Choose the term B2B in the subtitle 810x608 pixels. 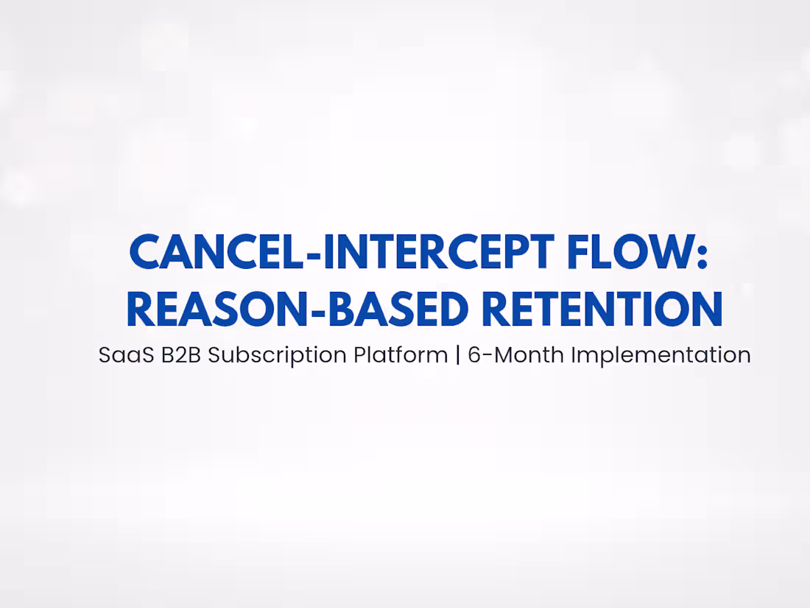(181, 355)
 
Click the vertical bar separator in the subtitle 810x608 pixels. (458, 355)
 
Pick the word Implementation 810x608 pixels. (661, 356)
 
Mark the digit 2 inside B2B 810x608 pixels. (181, 355)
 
